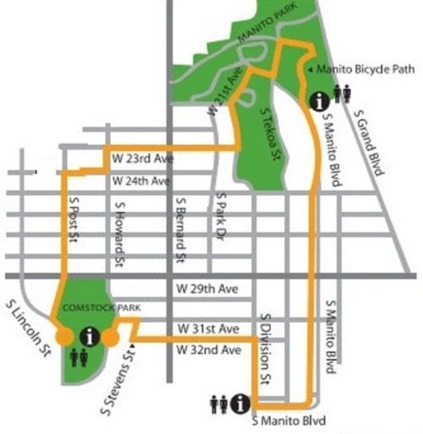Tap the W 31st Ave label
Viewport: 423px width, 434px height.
click(209, 328)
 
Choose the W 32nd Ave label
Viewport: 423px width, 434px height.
click(209, 348)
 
